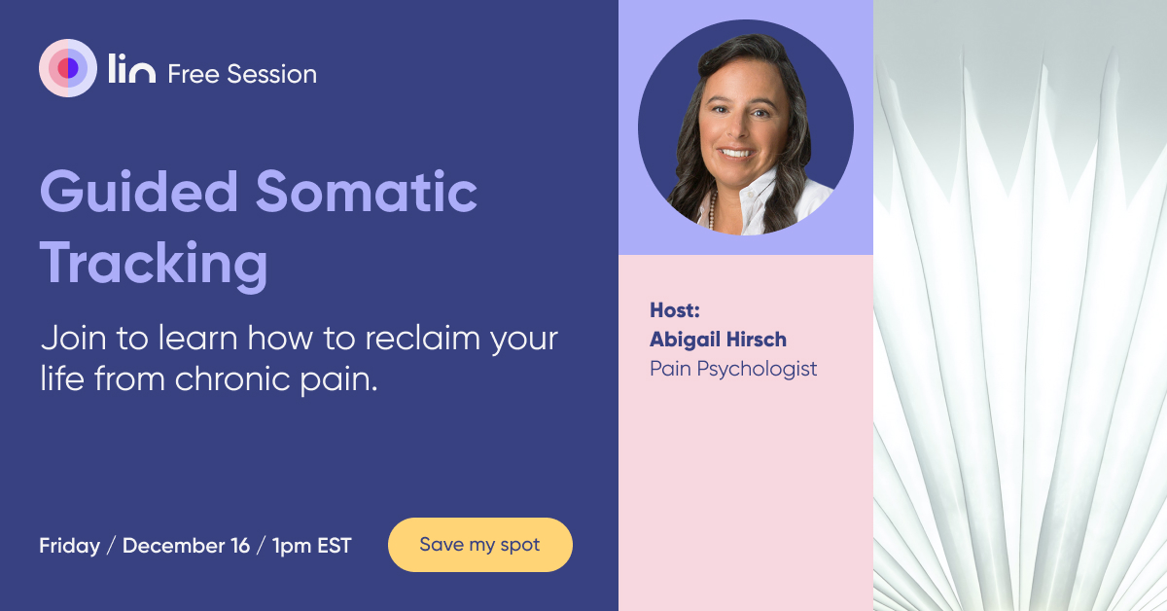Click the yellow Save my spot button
(479, 545)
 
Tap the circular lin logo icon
(67, 68)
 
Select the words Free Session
(242, 74)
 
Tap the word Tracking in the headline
(154, 264)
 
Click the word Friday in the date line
(69, 546)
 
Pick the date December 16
(186, 546)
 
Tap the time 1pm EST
(312, 546)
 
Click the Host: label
(675, 311)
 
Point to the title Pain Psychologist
(733, 369)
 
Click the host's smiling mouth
(735, 153)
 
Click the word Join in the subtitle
(69, 340)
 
